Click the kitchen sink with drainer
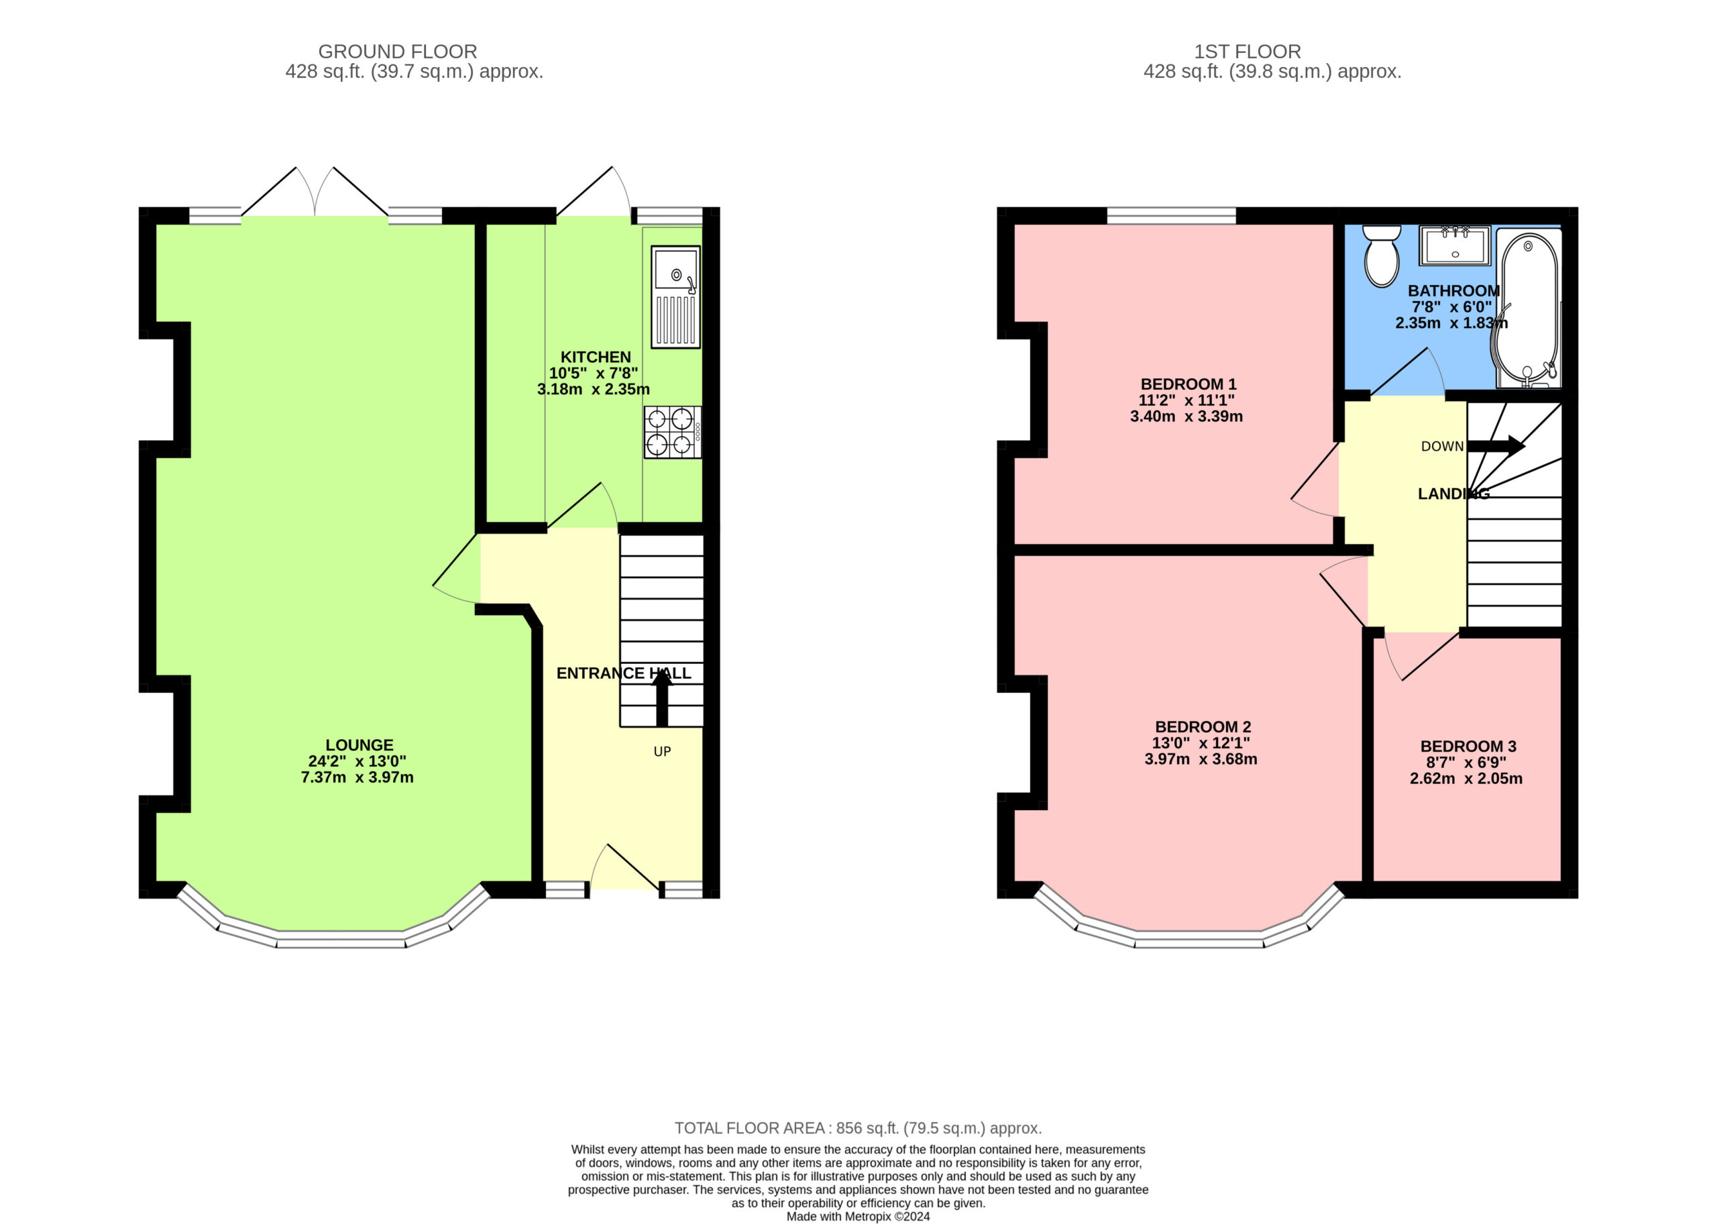tap(675, 296)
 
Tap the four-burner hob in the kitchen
tap(672, 432)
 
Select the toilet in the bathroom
tap(1382, 256)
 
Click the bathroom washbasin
tap(1455, 245)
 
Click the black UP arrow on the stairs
tap(662, 698)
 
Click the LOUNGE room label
tap(359, 744)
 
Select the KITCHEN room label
tap(596, 357)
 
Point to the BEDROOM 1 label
tap(1188, 384)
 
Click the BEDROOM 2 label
tap(1203, 726)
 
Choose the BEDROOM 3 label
tap(1468, 746)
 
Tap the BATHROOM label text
tap(1454, 290)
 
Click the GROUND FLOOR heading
tap(397, 51)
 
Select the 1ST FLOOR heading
tap(1248, 51)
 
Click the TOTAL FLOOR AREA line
tap(858, 1128)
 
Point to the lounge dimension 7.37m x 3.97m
tap(357, 777)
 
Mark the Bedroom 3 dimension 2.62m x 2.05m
tap(1466, 779)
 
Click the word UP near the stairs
tap(662, 751)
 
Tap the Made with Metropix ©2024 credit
tap(858, 1216)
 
